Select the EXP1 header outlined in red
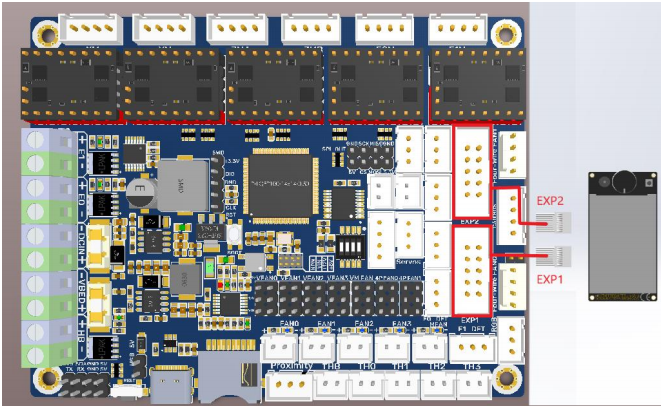point(472,269)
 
